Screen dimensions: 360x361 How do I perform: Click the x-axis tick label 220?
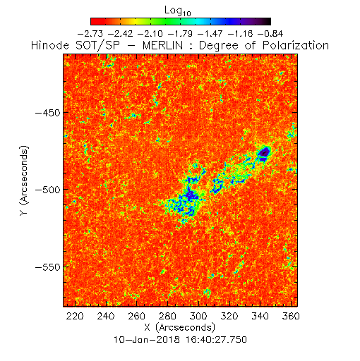(x=75, y=316)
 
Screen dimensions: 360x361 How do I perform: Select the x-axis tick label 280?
(x=167, y=316)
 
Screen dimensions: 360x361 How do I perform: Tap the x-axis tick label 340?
(x=260, y=316)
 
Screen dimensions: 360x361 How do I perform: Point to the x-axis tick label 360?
(x=291, y=316)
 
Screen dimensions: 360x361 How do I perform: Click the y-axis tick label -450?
(x=48, y=113)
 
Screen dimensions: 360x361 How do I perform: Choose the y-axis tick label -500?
(x=48, y=190)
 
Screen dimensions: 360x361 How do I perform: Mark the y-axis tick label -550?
(x=48, y=267)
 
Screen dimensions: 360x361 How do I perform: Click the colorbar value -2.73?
(x=90, y=34)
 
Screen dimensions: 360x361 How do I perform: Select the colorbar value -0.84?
(x=270, y=34)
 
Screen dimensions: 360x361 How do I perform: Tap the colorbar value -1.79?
(x=180, y=34)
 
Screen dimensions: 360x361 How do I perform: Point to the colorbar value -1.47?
(x=210, y=34)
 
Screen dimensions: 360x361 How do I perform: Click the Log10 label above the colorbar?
(x=178, y=11)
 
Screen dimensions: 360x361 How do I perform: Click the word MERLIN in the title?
(x=162, y=45)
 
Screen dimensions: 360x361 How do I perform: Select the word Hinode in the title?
(x=50, y=45)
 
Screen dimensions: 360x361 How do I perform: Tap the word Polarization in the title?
(x=296, y=45)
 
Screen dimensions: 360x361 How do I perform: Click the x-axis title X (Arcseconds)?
(x=180, y=327)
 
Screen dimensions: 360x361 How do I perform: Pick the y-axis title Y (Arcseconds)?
(x=24, y=180)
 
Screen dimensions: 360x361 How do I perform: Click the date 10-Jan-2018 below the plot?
(x=147, y=340)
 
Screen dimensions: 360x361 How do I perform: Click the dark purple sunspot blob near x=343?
(x=264, y=153)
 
